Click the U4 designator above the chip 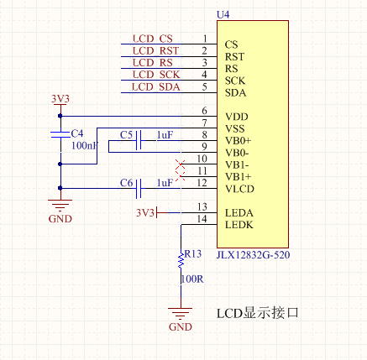tap(223, 14)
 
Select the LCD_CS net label tap(152, 39)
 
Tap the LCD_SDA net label tap(155, 87)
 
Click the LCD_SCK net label tap(156, 75)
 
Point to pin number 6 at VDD tap(204, 111)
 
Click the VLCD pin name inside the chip tap(239, 189)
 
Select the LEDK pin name tap(239, 225)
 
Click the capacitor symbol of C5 tap(139, 140)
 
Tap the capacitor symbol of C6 tap(139, 189)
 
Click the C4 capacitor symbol tap(60, 134)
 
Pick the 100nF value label tap(85, 146)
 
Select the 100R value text tap(192, 279)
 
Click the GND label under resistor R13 tap(181, 326)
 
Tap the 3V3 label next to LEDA tap(145, 213)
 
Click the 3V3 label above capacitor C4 tap(60, 99)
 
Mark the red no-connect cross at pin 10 tap(181, 164)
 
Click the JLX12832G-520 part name tap(253, 255)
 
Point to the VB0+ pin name tap(239, 140)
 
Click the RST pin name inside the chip tap(234, 57)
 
